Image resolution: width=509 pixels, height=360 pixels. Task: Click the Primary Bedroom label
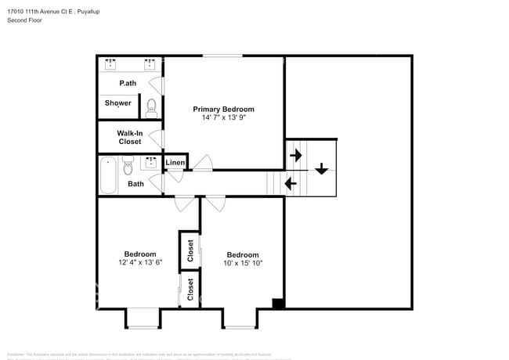coord(224,110)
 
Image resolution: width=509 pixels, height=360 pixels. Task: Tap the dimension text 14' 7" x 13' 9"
coord(224,118)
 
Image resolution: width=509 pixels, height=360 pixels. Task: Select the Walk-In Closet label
coord(130,138)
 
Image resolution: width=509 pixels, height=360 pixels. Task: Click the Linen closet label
coord(175,163)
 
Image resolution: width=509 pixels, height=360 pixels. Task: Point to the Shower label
coord(118,103)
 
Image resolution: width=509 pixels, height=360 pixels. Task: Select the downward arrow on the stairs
coord(321,168)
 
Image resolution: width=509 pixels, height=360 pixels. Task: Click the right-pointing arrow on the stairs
coord(296,155)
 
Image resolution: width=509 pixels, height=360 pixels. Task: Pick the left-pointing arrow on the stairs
coord(291,184)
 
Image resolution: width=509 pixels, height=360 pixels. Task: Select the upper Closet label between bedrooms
coord(190,250)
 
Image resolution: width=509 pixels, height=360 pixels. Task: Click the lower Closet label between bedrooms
coord(190,290)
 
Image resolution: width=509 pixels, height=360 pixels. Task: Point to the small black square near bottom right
coord(277,304)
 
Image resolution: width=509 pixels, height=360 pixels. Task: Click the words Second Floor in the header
coord(24,20)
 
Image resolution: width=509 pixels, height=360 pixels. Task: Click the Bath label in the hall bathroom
coord(135,184)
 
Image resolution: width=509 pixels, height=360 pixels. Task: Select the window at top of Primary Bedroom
coord(222,56)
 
